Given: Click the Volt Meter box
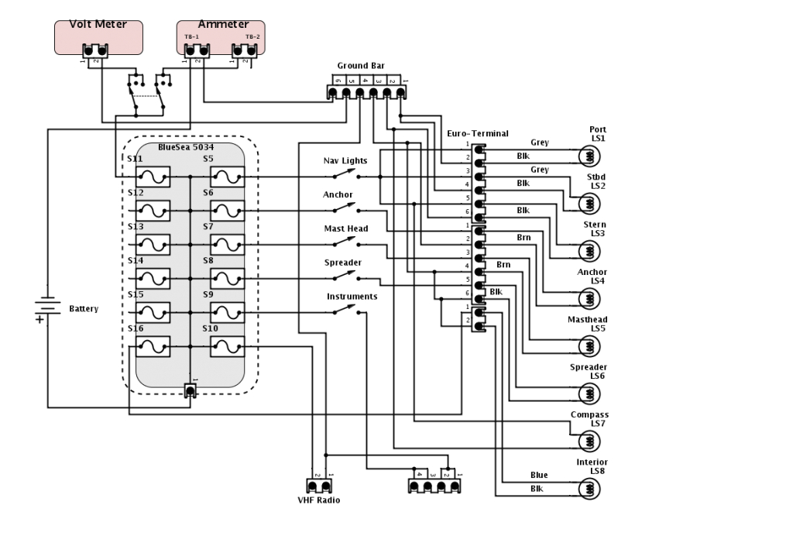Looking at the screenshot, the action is (98, 37).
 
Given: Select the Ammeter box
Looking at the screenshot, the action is (221, 37).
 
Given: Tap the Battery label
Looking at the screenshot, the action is (84, 308).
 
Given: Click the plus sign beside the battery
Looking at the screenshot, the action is (39, 319).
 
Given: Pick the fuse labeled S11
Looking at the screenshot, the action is (153, 177).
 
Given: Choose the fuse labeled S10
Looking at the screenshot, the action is (228, 346).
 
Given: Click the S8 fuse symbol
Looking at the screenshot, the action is (228, 279).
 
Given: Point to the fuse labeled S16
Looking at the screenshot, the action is (153, 346).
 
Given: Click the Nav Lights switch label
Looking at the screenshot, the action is (345, 161).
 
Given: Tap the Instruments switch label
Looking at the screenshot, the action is (352, 297).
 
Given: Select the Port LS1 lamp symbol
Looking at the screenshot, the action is (589, 156).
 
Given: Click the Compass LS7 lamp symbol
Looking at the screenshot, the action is (589, 441).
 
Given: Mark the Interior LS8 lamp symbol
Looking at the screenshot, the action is (589, 489).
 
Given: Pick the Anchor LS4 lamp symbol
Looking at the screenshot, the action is (589, 298).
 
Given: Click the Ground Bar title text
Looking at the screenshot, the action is (361, 66).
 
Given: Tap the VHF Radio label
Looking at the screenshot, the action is (318, 500).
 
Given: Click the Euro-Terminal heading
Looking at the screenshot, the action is (477, 133).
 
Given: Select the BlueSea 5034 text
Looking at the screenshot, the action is (186, 147).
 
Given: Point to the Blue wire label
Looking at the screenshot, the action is (539, 475).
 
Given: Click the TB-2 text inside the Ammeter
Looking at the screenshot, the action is (252, 36).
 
